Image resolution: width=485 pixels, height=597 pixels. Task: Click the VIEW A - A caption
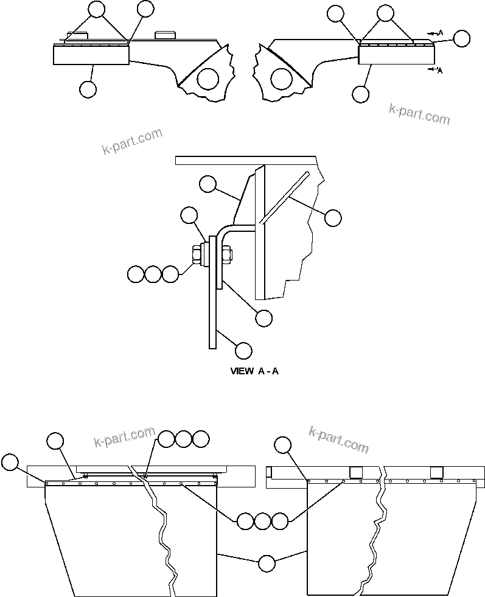coord(254,371)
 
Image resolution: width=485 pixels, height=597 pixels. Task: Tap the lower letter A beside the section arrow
coord(439,71)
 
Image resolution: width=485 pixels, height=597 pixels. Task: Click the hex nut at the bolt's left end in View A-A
coord(197,255)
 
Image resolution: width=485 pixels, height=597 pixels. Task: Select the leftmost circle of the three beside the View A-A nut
coord(136,274)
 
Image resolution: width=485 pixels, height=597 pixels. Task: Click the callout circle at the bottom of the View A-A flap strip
coord(243,351)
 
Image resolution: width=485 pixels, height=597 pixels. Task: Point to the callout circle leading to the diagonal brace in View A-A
coord(333,217)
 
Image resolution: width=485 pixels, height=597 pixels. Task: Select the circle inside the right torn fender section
coord(281,78)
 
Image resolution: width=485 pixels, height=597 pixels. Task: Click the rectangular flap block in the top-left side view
coord(91,55)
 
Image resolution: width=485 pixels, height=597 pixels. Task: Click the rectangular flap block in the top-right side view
coord(396,55)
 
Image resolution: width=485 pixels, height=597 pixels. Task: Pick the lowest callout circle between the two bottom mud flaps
coord(266,564)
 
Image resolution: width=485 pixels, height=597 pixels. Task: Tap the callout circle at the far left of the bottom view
coord(10,462)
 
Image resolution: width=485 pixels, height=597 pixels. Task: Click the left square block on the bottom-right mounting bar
coord(357,472)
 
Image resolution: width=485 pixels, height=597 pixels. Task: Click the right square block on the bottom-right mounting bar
coord(436,472)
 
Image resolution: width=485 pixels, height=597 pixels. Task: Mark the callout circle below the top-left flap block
coord(88,89)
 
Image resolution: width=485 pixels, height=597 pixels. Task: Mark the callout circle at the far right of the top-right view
coord(462,38)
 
